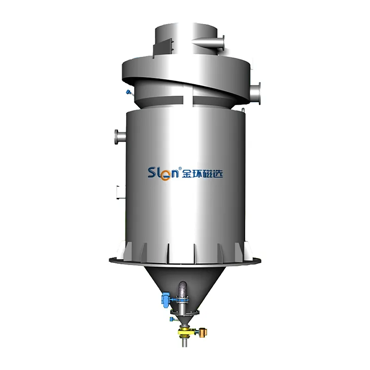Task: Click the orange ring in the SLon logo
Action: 166,176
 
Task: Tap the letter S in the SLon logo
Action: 152,172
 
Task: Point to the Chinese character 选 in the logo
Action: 218,174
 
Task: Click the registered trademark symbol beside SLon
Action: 180,168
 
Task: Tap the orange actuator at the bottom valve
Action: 203,332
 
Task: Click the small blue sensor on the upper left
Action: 129,92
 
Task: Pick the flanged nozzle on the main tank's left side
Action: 120,136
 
